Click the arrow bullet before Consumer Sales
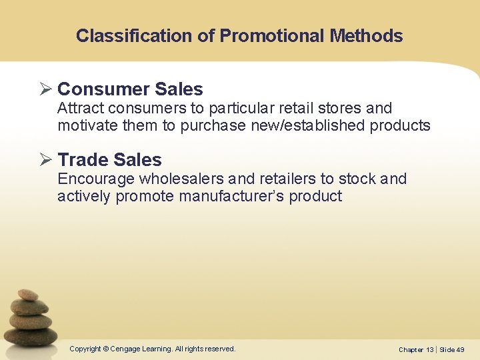coord(47,89)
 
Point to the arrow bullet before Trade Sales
coord(47,160)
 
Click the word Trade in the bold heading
coord(83,160)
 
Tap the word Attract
coord(80,108)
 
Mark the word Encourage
coord(97,179)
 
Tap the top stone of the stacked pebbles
coord(28,295)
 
